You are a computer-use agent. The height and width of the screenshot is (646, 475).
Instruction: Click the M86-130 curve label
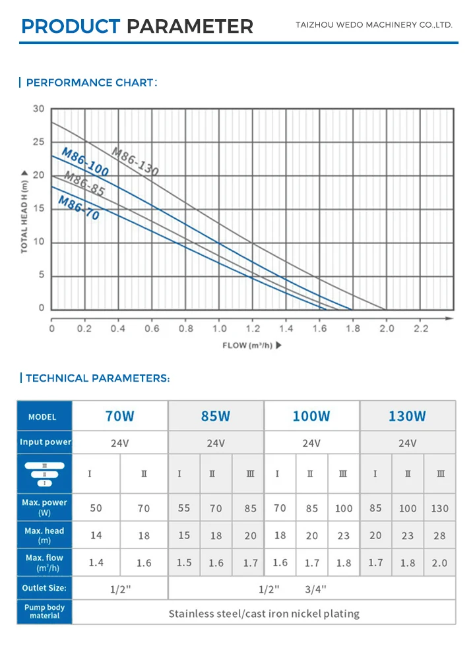135,161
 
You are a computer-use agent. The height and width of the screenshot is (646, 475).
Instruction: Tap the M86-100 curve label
85,161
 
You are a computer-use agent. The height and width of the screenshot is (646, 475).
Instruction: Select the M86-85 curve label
84,184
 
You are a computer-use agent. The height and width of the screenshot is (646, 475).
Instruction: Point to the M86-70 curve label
79,207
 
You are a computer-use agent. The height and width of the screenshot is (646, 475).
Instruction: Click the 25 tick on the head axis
38,142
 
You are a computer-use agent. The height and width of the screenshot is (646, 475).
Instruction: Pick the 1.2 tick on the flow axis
253,328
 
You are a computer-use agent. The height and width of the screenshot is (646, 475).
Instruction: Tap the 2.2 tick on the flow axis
420,328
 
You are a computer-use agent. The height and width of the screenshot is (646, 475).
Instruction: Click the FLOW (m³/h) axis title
251,345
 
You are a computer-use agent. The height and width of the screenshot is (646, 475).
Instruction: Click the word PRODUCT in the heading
71,26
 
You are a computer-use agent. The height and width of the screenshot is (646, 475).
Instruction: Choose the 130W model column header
407,416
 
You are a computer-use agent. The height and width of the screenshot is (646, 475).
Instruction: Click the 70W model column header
120,416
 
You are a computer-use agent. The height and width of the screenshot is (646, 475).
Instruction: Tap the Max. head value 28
439,535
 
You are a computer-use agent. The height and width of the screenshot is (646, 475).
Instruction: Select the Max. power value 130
439,508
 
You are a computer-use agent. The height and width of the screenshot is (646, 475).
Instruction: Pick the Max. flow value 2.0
439,562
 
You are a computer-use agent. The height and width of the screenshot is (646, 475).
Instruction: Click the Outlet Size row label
44,588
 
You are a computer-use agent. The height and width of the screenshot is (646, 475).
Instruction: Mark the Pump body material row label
44,611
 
